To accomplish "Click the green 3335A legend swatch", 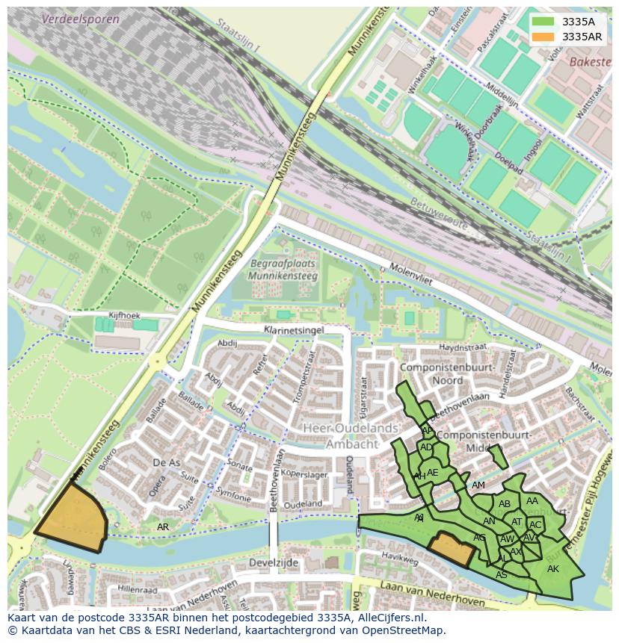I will (x=543, y=22).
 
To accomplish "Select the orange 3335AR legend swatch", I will (x=543, y=37).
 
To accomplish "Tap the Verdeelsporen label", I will (x=81, y=19).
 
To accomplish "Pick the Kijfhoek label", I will (x=124, y=316).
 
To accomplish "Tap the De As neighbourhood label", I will (x=166, y=463).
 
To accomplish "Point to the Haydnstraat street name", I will (x=462, y=347).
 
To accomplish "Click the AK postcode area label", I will (x=552, y=569).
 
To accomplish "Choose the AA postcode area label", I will (x=532, y=501).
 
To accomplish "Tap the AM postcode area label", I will (x=478, y=485).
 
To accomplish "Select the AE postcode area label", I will (x=432, y=472).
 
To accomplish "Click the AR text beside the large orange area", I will (x=162, y=527).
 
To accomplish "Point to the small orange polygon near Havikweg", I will (x=452, y=550).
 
